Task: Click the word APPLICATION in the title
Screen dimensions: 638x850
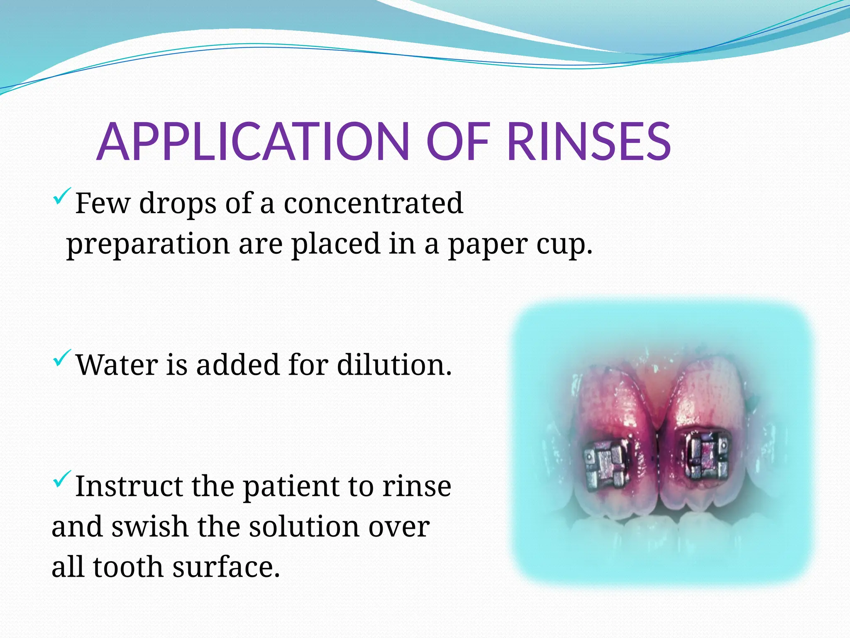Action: pyautogui.click(x=253, y=142)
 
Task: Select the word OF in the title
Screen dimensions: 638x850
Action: pyautogui.click(x=458, y=142)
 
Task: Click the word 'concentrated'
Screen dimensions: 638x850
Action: pyautogui.click(x=373, y=204)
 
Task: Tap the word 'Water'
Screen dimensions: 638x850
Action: pyautogui.click(x=117, y=365)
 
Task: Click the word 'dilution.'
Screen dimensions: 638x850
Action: pyautogui.click(x=394, y=365)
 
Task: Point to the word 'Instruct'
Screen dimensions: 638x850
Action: pyautogui.click(x=129, y=486)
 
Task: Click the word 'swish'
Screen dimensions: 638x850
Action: pyautogui.click(x=149, y=527)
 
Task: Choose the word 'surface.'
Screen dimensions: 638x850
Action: pyautogui.click(x=226, y=567)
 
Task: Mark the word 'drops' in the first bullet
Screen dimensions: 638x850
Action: pyautogui.click(x=178, y=204)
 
